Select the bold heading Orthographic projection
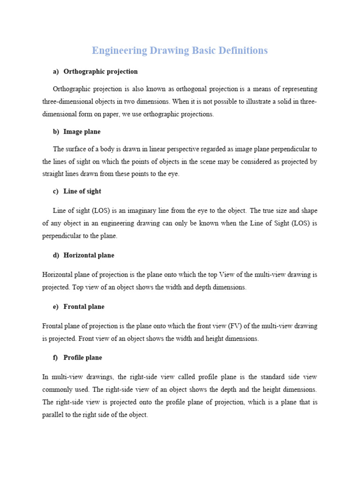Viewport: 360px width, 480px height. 100,72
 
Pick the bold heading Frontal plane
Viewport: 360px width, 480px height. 84,307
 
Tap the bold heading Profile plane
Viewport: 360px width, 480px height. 82,358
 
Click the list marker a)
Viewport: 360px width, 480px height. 56,72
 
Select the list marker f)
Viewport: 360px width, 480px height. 55,358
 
